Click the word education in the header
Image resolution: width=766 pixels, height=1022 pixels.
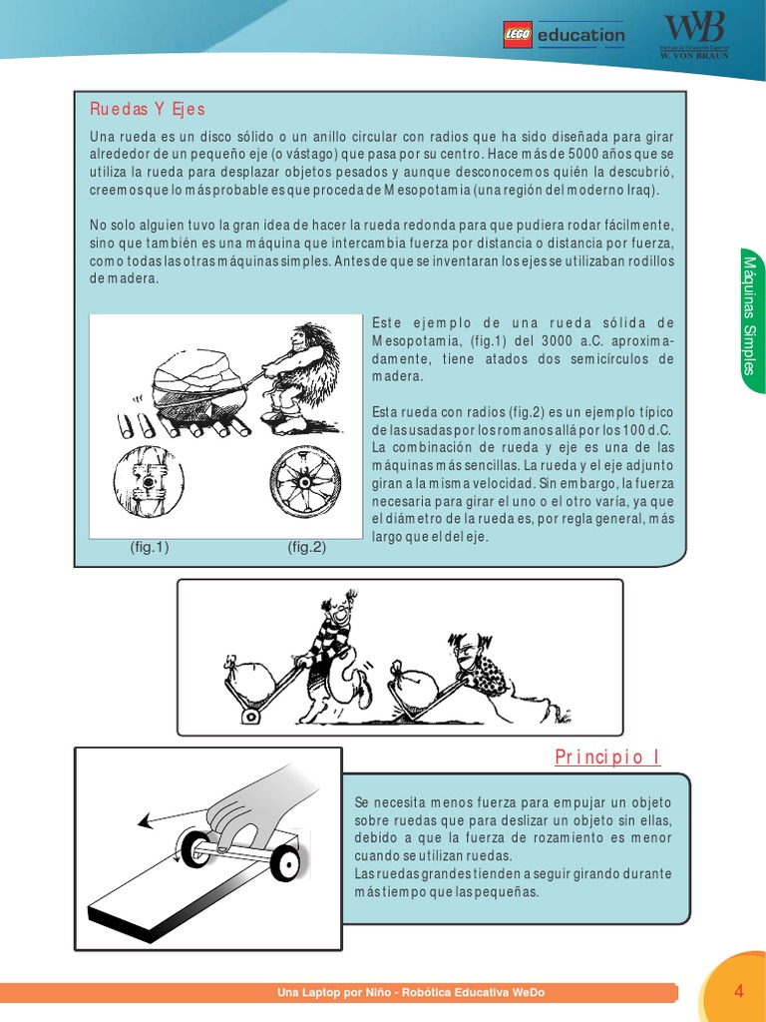(580, 36)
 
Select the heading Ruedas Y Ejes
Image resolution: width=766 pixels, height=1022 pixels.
(148, 108)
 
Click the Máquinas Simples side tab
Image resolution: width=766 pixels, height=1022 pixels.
(751, 314)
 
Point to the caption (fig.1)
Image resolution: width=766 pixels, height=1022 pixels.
(150, 547)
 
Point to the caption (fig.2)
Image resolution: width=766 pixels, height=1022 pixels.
(307, 547)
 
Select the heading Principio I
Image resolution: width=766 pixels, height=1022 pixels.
(607, 757)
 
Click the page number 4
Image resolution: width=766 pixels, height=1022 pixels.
(739, 991)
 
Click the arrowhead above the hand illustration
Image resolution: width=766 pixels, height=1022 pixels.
(144, 821)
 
